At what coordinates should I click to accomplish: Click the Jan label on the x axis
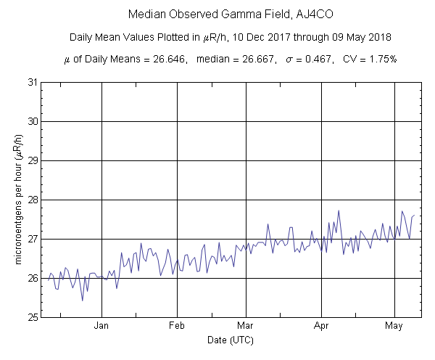click(101, 326)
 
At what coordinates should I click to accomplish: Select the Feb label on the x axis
click(178, 326)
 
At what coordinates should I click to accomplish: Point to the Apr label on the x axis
click(321, 326)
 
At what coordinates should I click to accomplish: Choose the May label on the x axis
click(394, 326)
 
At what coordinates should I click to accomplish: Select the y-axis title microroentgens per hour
click(16, 200)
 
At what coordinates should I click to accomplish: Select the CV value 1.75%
click(380, 59)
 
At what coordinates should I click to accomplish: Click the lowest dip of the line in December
click(82, 300)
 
